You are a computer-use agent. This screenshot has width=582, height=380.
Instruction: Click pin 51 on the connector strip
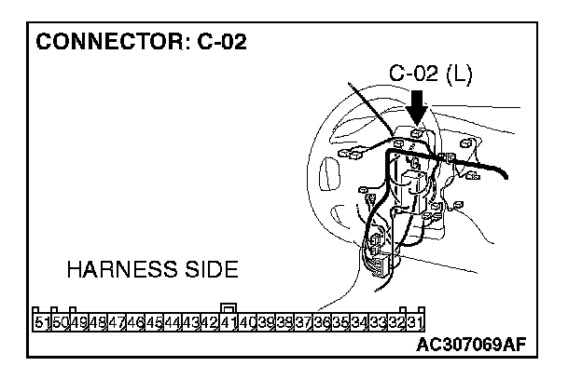tap(41, 323)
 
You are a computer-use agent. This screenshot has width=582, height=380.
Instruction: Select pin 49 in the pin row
tap(77, 323)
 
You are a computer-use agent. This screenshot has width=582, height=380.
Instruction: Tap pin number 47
tap(117, 323)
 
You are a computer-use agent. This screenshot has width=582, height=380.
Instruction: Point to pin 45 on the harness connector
tap(154, 323)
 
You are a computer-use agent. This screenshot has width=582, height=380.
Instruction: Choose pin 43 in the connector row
tap(190, 323)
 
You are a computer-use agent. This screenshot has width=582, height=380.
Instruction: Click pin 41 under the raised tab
tap(228, 323)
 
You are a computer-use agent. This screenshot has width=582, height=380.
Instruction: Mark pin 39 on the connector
tap(265, 323)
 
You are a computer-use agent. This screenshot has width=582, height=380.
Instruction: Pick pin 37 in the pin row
tap(302, 323)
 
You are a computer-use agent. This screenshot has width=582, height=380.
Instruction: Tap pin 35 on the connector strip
tap(339, 323)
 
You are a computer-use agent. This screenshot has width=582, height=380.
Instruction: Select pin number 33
tap(378, 323)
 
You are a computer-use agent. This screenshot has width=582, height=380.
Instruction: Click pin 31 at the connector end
tap(415, 323)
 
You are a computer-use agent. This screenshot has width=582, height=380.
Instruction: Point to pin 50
tap(59, 323)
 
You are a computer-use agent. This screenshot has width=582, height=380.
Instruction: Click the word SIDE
tap(211, 271)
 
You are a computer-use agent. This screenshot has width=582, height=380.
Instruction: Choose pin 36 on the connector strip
tap(322, 323)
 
